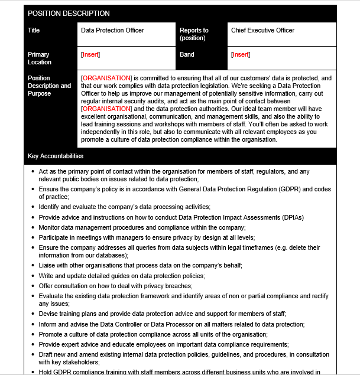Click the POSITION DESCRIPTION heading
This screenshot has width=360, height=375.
point(69,14)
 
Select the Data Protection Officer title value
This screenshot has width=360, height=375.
point(112,30)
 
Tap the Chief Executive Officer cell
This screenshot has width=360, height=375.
point(262,30)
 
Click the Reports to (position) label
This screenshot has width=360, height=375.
point(194,34)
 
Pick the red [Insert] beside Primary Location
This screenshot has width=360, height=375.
point(90,54)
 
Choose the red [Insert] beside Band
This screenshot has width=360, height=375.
point(241,54)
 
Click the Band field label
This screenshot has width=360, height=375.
point(187,54)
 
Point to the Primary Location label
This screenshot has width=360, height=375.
point(40,58)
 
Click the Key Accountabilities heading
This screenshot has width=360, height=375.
point(56,156)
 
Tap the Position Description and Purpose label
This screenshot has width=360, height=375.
point(49,86)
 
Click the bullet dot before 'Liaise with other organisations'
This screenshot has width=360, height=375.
point(32,266)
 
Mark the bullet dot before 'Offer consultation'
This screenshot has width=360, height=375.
point(32,286)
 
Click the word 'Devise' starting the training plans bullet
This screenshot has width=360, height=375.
point(48,314)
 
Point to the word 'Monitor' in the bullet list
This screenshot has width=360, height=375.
point(50,227)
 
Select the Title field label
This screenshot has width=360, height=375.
point(34,30)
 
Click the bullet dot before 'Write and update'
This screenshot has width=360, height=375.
point(32,276)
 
